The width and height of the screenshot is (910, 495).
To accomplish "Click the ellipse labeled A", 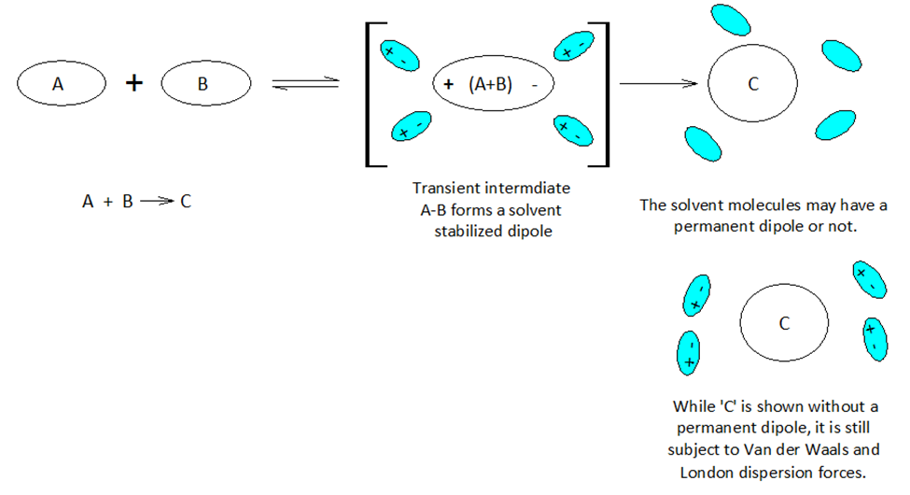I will pyautogui.click(x=59, y=83).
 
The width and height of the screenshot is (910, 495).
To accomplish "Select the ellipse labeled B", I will pyautogui.click(x=205, y=83).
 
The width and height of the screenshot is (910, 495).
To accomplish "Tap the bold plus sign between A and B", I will pyautogui.click(x=134, y=83).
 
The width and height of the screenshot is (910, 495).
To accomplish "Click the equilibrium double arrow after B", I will pyautogui.click(x=304, y=85).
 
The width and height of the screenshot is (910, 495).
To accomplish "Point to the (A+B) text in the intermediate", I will pyautogui.click(x=491, y=84).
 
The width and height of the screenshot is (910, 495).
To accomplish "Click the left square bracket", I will pyautogui.click(x=371, y=93).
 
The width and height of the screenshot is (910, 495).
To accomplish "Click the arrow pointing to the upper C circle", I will pyautogui.click(x=659, y=84).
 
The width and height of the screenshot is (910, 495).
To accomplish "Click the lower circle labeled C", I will pyautogui.click(x=784, y=323).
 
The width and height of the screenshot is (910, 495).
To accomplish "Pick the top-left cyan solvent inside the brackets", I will pyautogui.click(x=397, y=51).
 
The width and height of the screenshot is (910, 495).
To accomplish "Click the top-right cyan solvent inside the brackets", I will pyautogui.click(x=573, y=46).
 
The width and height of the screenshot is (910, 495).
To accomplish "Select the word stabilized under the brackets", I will pyautogui.click(x=469, y=231).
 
